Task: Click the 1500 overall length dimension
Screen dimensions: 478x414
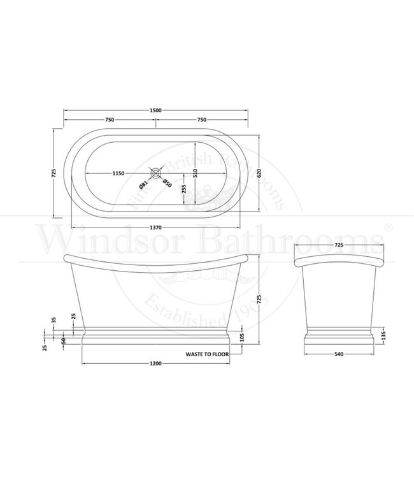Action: [x=155, y=110]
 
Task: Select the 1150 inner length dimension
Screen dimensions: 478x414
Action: [x=122, y=173]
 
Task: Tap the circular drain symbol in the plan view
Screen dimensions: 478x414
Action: [x=155, y=172]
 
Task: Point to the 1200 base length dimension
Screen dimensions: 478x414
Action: [x=155, y=364]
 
